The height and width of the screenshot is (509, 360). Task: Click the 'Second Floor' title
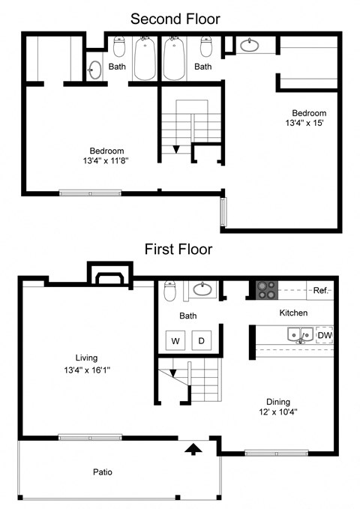(x=175, y=19)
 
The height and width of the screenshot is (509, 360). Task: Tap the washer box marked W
(x=176, y=341)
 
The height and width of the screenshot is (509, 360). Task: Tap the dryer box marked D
(x=201, y=341)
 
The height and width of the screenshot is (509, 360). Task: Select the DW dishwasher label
(x=324, y=335)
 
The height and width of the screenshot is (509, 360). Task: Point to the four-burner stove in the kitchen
(x=266, y=287)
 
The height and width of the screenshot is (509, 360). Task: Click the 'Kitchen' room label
(x=293, y=313)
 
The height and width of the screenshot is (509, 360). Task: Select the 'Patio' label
(x=103, y=472)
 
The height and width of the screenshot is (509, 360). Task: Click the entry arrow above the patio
(x=193, y=449)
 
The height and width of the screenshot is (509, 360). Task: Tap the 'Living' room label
(x=86, y=358)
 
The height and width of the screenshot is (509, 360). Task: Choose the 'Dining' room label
(x=277, y=402)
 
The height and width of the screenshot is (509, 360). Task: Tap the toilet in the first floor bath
(x=170, y=289)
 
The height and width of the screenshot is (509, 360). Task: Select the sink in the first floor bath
(x=201, y=289)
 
